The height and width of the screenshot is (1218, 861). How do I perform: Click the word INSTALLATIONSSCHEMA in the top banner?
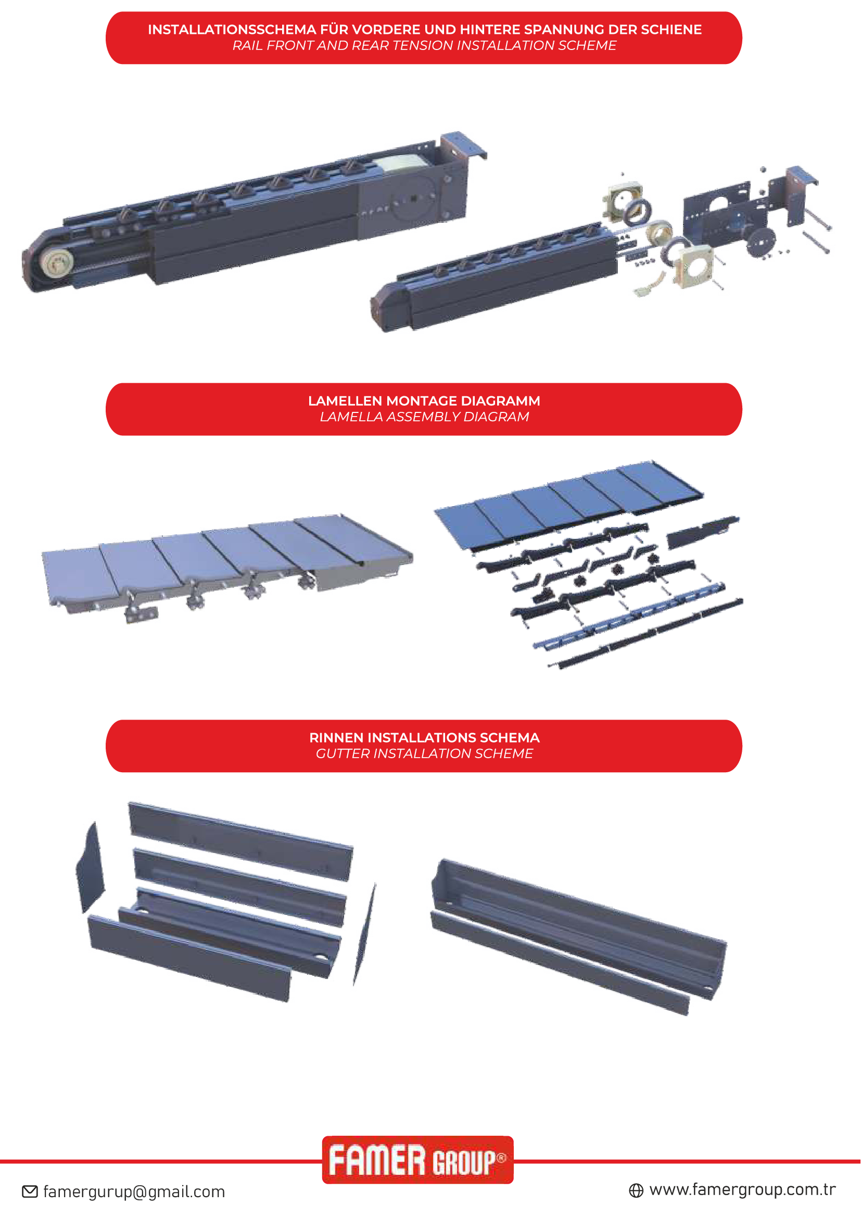coord(232,30)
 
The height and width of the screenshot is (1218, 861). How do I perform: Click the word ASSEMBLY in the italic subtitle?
coord(423,417)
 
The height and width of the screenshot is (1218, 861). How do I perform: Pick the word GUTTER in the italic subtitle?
coord(343,754)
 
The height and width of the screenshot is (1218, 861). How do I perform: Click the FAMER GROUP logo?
coord(418,1160)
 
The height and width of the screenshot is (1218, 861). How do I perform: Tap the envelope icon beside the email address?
coord(30,1192)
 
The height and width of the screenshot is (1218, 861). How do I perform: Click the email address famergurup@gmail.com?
coord(134,1192)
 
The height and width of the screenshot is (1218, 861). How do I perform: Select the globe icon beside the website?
coord(636,1191)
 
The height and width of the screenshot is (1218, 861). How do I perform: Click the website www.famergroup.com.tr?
coord(743,1190)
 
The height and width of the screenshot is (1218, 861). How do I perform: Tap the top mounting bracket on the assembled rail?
coord(462,145)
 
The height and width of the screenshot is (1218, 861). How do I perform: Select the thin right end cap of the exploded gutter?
coord(364,934)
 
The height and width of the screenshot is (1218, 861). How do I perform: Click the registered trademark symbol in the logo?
coord(501,1158)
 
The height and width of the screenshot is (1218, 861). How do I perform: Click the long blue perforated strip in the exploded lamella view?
coord(629,616)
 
